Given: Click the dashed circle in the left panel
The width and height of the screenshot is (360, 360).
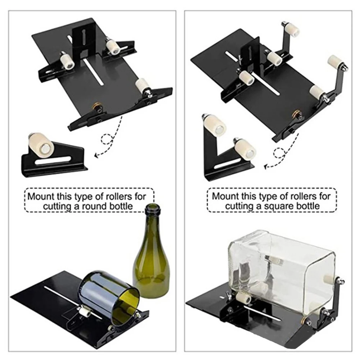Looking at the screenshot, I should pos(107,139).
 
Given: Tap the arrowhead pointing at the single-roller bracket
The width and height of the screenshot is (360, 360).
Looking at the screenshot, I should pos(96,155).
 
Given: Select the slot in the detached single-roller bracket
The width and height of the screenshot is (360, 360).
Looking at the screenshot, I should pos(54,160).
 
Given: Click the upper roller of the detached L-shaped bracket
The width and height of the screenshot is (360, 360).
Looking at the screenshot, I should pos(214,126).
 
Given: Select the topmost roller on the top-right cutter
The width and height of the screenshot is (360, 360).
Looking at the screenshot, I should pos(292,29).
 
